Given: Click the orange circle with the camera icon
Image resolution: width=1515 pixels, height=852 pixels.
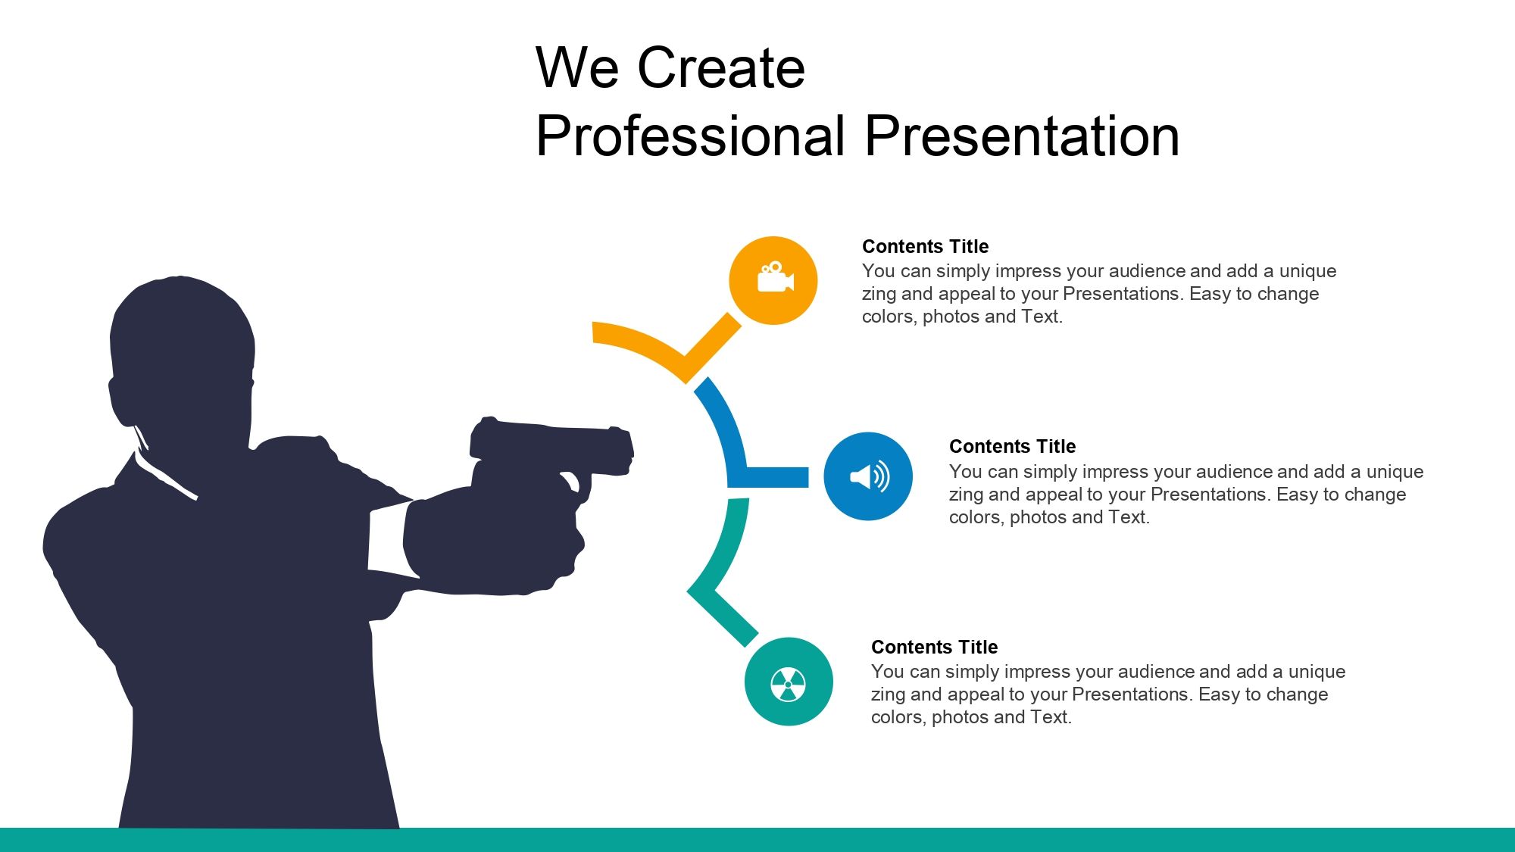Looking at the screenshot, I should click(773, 281).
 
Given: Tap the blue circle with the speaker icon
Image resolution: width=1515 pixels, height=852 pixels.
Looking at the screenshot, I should click(868, 476).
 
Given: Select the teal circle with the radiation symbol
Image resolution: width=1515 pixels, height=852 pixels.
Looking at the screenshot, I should click(789, 682).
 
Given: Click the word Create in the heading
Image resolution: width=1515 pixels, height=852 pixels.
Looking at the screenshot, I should click(720, 68).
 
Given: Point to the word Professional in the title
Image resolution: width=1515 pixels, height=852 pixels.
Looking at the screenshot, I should click(689, 137).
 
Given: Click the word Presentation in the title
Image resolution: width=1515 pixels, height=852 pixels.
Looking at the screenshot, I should click(1021, 137).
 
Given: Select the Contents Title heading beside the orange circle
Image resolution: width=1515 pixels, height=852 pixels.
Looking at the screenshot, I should click(925, 246).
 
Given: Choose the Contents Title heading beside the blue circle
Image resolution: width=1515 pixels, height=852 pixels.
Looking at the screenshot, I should click(1012, 446).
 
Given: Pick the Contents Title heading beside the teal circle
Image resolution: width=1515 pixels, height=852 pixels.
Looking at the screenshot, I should click(934, 647).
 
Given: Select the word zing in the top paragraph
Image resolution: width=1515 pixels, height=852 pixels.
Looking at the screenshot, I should click(879, 294).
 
